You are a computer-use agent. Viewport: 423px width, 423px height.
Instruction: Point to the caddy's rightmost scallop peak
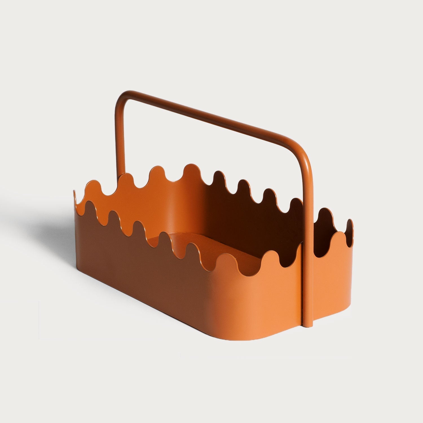pyautogui.click(x=350, y=223)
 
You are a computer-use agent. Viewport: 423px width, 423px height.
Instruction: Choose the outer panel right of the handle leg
pyautogui.click(x=333, y=282)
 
